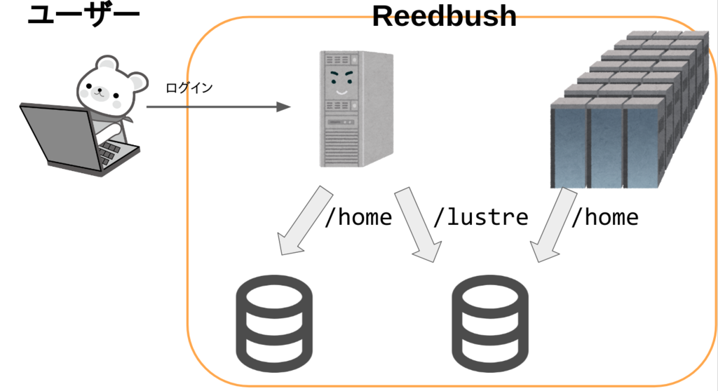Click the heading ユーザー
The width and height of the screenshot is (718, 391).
click(83, 15)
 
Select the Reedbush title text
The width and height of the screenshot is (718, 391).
click(444, 15)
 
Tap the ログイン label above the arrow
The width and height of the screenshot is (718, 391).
click(189, 88)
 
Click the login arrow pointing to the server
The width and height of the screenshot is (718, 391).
click(217, 107)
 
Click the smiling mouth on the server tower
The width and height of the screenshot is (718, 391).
click(340, 90)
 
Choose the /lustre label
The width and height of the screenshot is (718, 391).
click(480, 217)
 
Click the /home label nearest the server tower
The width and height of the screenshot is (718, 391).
click(358, 217)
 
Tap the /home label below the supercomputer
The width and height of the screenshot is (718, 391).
click(604, 217)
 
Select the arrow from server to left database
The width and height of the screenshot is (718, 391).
click(302, 221)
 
